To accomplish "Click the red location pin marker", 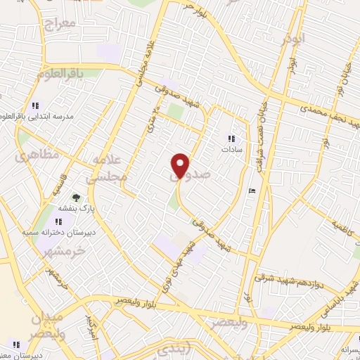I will tap(181, 165).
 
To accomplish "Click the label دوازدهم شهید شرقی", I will tap(282, 278).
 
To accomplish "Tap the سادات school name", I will tap(231, 150).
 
